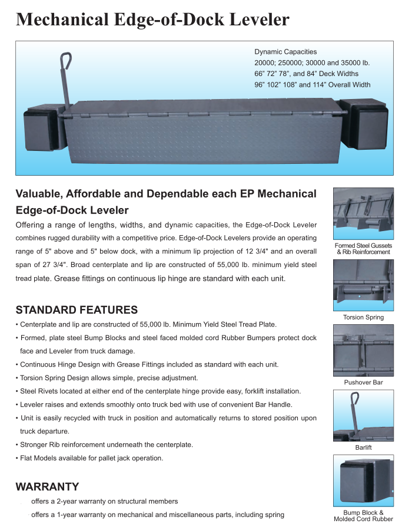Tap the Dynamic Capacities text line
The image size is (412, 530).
285,52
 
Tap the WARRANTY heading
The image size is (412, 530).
47,487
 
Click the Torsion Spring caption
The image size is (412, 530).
363,318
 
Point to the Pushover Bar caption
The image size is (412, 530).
363,383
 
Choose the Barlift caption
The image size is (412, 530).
363,448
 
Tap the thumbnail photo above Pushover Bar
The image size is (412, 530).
363,350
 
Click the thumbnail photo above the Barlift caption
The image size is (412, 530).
363,416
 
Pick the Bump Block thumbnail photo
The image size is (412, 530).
363,480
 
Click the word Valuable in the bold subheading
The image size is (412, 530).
39,194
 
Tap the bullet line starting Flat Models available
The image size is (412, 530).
91,458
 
